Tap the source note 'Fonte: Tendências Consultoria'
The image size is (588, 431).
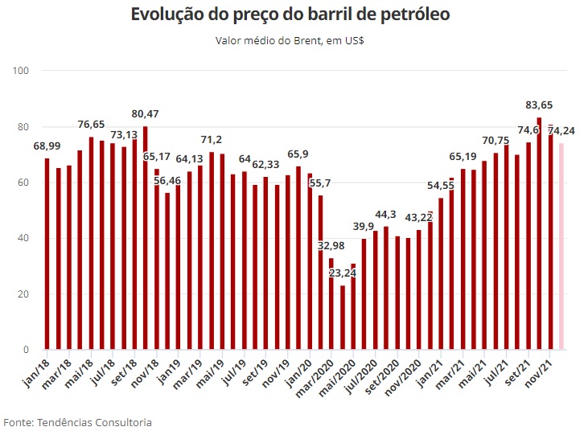click(77, 421)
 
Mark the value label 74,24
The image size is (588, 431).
click(565, 130)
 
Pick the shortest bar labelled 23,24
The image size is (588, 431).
click(343, 317)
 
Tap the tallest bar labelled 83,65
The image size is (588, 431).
click(539, 233)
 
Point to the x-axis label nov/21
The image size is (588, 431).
click(538, 371)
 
